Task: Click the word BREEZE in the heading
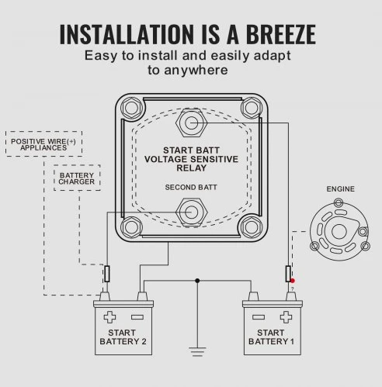tap(281, 34)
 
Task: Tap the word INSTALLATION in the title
tap(127, 34)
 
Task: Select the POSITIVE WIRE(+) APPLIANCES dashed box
tap(43, 143)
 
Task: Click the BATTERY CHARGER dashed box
tap(77, 178)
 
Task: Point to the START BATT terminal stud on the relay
tap(192, 123)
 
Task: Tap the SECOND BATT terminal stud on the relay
tap(192, 213)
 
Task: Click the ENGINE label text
tap(340, 189)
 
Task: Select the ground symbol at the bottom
tap(197, 352)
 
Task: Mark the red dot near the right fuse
tap(293, 281)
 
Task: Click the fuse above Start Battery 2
tap(107, 274)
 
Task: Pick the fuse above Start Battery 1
tap(288, 274)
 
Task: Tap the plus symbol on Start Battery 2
tap(109, 317)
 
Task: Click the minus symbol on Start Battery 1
tap(259, 317)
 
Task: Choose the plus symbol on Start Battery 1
tap(286, 317)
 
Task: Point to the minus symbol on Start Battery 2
tap(137, 317)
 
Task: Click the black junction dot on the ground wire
tap(197, 281)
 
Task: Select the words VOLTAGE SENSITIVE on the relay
tap(191, 159)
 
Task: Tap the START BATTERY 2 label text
tap(123, 337)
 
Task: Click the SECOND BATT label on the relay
tap(191, 187)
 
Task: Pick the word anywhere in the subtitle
tap(196, 71)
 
